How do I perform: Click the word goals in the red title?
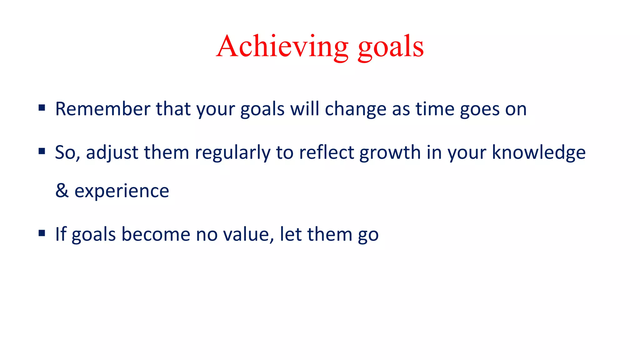tap(391, 47)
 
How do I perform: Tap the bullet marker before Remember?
tap(42, 108)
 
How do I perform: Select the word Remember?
tap(103, 109)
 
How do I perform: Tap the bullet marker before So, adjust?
tap(42, 152)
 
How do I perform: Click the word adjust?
tap(112, 153)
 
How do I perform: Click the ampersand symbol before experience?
tap(62, 190)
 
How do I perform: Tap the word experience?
tap(122, 191)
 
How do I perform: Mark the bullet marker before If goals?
tap(42, 233)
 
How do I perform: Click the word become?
tap(156, 234)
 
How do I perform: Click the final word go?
tap(368, 235)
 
